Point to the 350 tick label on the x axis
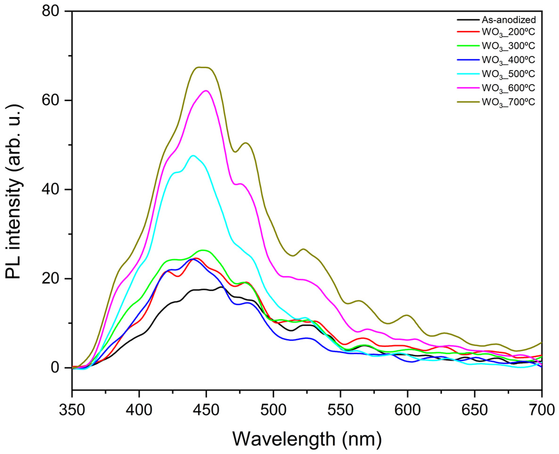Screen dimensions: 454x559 72,410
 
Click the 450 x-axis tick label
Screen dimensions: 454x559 206,410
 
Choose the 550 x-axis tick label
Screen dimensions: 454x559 341,410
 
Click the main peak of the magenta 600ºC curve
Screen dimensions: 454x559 206,90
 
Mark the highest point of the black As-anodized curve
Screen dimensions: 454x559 221,287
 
